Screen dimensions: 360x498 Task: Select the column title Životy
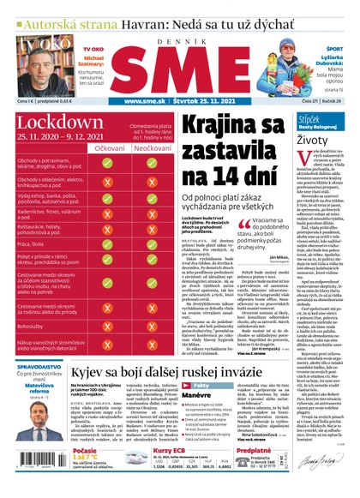[x=314, y=138]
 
